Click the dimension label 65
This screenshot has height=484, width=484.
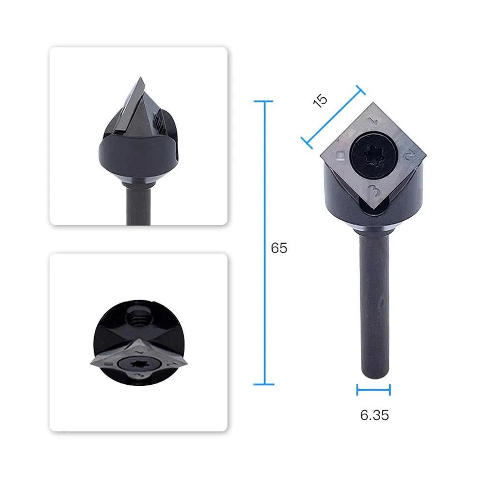pyautogui.click(x=279, y=248)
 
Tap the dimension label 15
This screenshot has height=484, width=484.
pyautogui.click(x=320, y=100)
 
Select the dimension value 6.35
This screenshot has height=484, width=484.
pyautogui.click(x=375, y=415)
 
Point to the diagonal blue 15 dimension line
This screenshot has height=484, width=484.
pyautogui.click(x=333, y=117)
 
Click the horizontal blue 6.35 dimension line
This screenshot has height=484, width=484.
pyautogui.click(x=374, y=390)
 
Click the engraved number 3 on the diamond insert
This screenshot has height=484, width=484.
pyautogui.click(x=375, y=191)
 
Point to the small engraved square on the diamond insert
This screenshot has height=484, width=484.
pyautogui.click(x=340, y=155)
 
